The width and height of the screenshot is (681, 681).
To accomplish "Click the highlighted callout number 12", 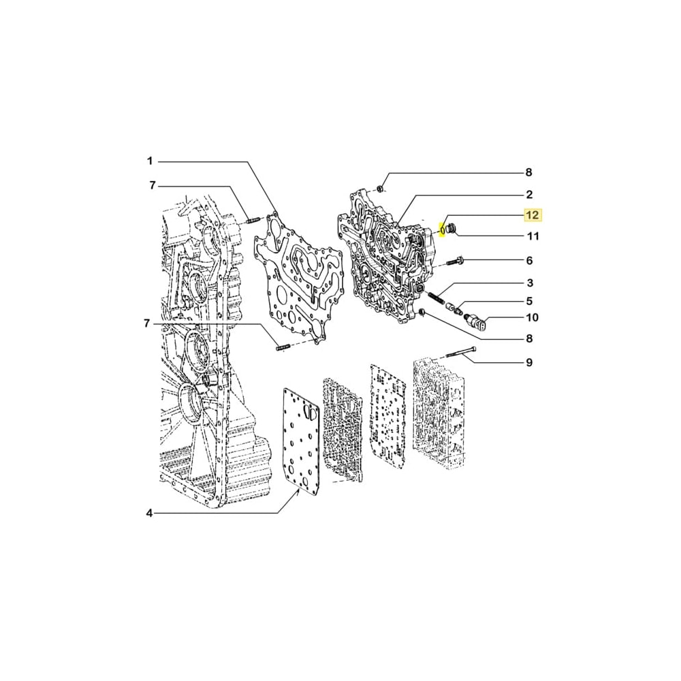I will [x=532, y=215].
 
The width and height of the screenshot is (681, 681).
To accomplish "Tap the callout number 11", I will [x=533, y=236].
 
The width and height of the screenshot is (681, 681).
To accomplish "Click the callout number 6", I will [x=529, y=260].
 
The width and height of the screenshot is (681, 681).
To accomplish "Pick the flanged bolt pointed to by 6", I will [x=457, y=262].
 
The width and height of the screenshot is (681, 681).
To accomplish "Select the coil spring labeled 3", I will [x=436, y=298].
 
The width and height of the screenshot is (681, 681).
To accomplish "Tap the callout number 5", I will [x=529, y=300].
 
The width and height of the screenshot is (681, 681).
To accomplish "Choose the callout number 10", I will [x=532, y=317].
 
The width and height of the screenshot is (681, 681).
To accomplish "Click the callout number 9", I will [x=529, y=362].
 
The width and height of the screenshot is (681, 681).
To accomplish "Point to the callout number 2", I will [x=529, y=194].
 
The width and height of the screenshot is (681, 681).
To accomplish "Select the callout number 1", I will [x=150, y=161].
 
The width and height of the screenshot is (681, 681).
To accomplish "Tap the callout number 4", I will [x=150, y=513].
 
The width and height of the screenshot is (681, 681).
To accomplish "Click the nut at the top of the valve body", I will [x=382, y=188].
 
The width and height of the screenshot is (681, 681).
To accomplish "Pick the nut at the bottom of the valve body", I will [x=422, y=313].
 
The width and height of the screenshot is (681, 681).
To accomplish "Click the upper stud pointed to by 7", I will [x=253, y=219].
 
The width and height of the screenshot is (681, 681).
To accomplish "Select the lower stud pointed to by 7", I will [x=282, y=349].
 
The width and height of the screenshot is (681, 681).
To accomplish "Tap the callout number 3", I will [x=529, y=283].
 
